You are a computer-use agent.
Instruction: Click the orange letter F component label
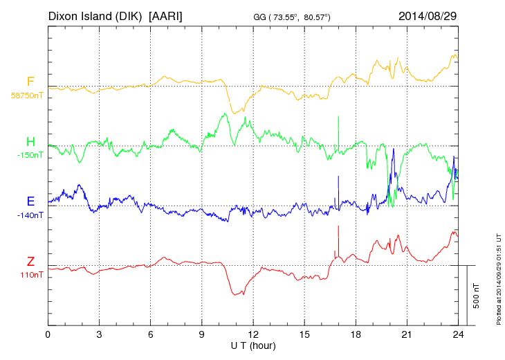point(30,82)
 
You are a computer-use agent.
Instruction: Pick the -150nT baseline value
point(30,155)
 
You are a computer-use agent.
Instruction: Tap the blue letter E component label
point(30,201)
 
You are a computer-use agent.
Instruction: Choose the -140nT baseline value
point(30,215)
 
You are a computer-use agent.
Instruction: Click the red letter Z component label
point(30,262)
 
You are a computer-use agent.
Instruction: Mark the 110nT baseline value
point(31,275)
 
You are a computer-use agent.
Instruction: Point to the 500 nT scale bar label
point(477,296)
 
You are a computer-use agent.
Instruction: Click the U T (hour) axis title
point(253,344)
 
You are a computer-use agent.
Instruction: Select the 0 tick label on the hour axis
point(48,334)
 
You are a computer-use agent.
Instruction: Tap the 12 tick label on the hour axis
point(253,334)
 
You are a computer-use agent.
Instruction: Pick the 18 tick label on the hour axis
point(356,334)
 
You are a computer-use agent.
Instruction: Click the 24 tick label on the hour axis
point(458,334)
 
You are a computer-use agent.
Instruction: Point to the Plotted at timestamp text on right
point(499,276)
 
